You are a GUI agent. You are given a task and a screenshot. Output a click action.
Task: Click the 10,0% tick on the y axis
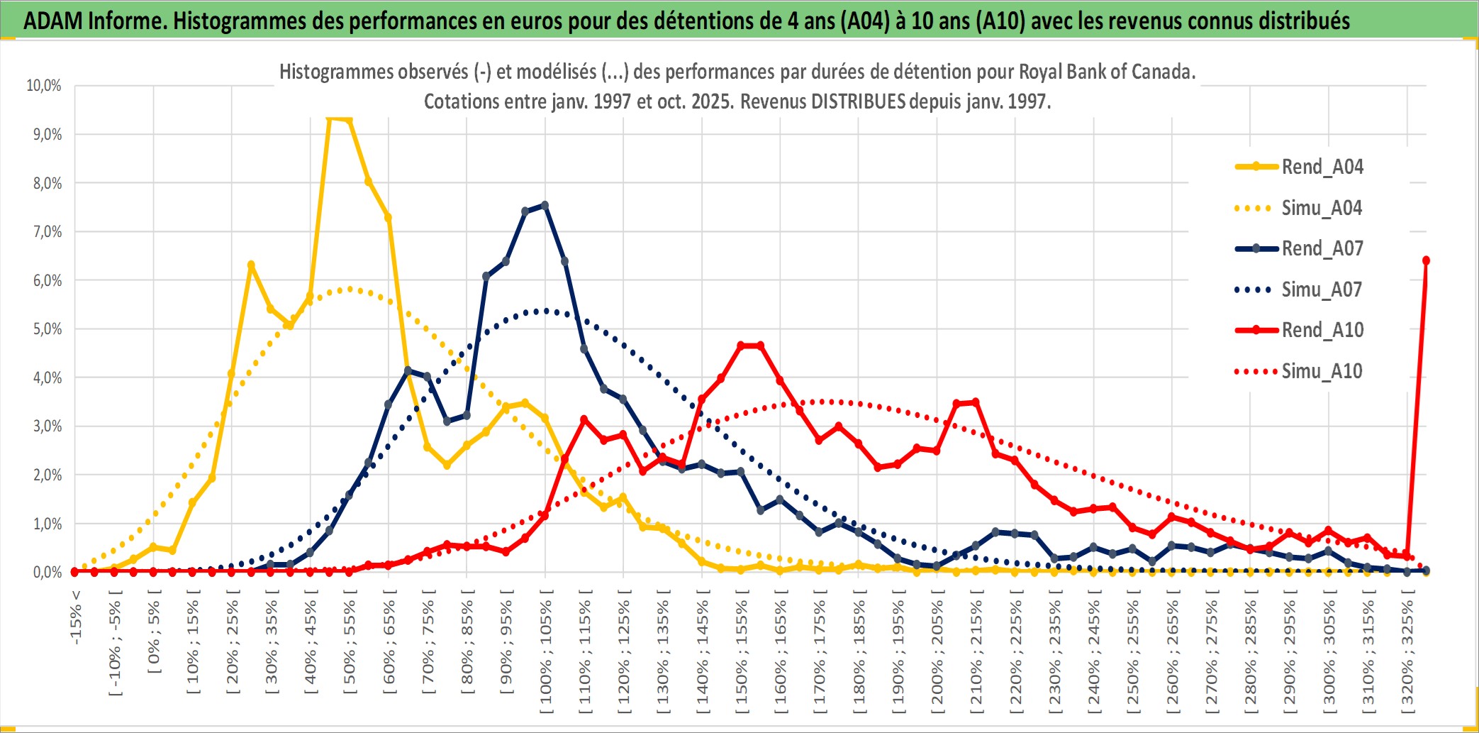pos(44,86)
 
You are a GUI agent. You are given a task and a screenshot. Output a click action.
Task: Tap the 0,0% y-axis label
pos(47,572)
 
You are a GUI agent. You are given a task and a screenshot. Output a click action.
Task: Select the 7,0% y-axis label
pos(47,232)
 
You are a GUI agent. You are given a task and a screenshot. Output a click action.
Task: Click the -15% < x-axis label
pos(76,617)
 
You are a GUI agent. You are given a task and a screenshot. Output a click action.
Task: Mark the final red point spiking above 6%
pos(1426,260)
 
